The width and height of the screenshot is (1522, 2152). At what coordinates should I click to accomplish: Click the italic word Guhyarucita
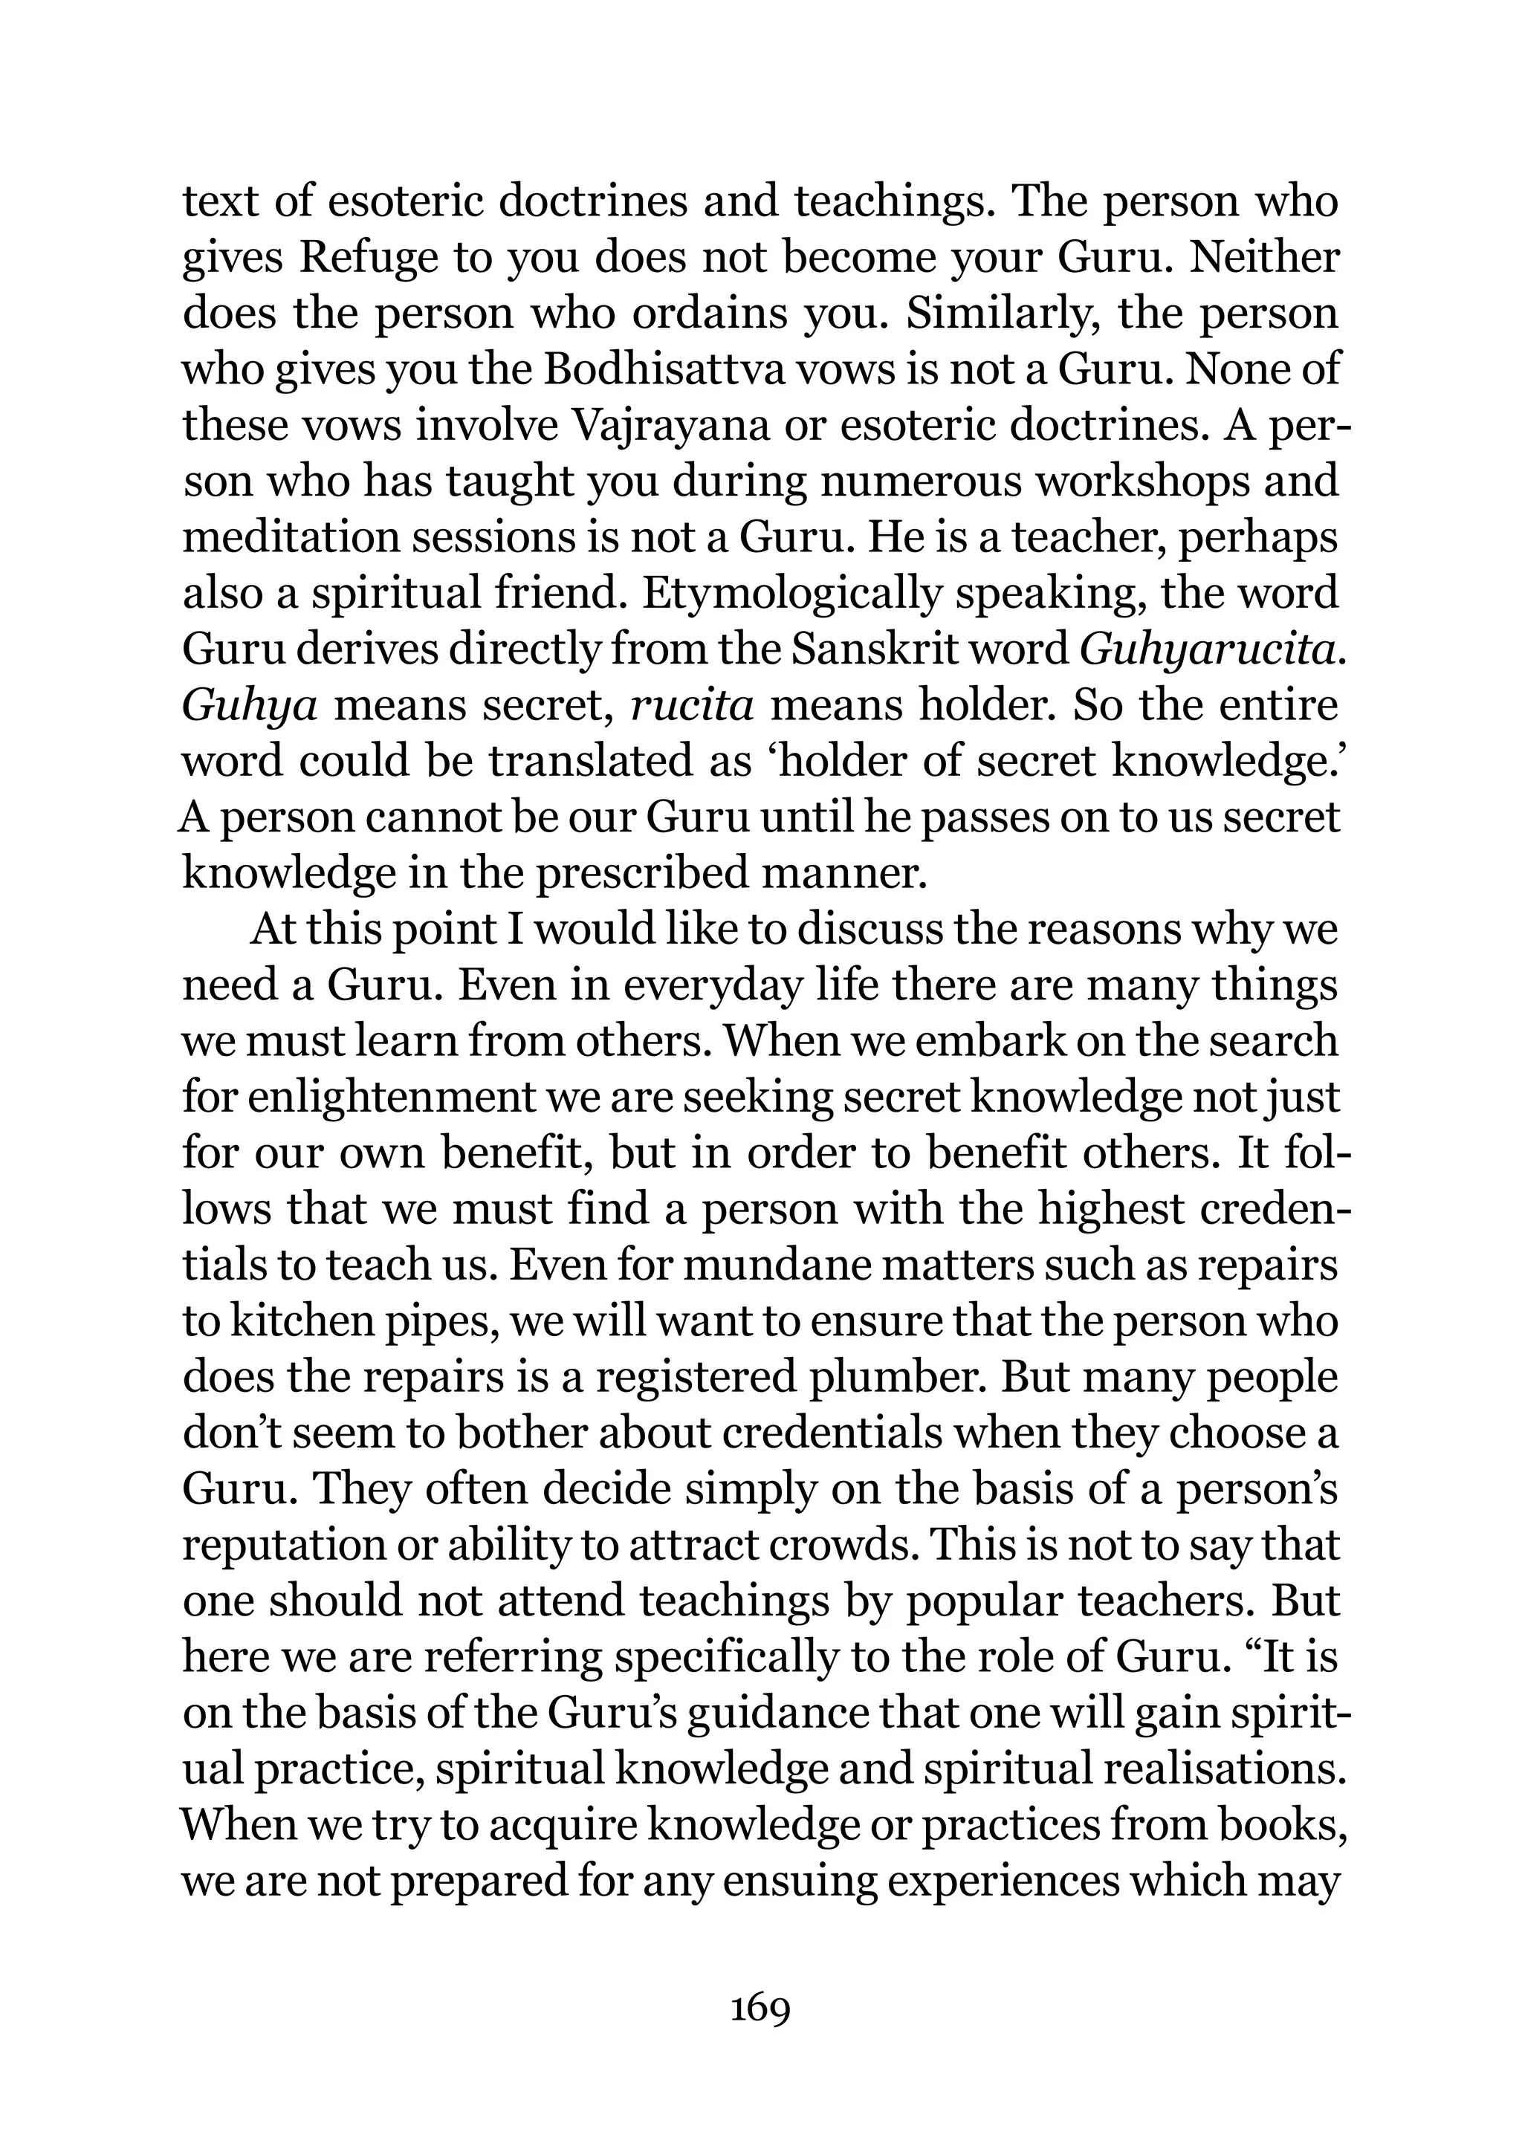(x=1210, y=650)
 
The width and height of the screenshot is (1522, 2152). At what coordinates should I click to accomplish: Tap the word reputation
(x=281, y=1546)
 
